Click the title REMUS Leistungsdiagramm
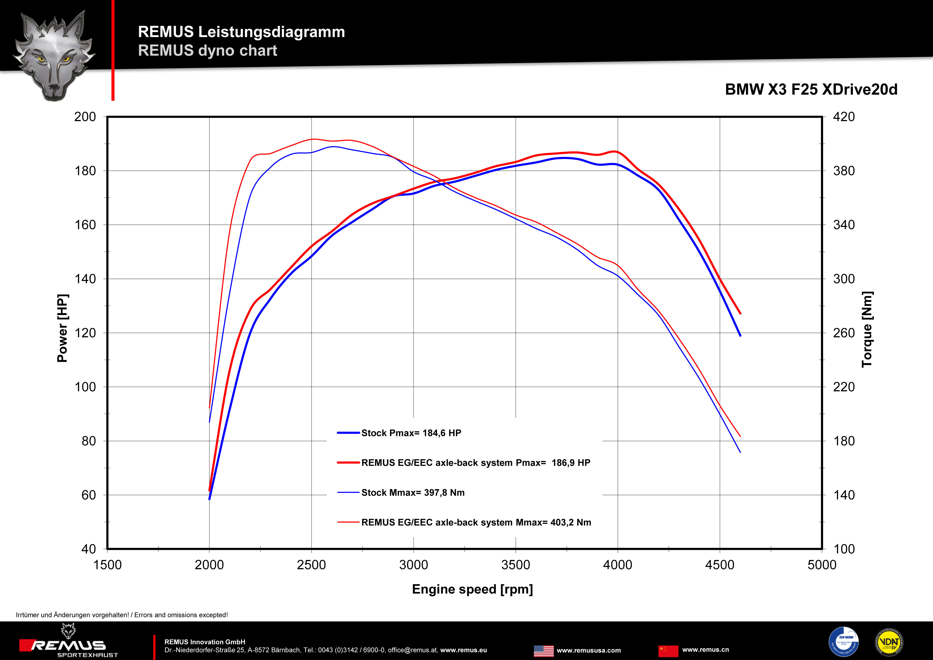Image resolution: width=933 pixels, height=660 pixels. (x=241, y=32)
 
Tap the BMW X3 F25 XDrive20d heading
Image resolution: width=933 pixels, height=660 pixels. (x=811, y=89)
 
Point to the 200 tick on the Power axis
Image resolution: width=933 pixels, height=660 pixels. (x=85, y=117)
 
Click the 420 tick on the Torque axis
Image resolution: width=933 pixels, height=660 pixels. (x=844, y=117)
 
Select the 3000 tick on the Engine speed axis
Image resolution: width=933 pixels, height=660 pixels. (x=414, y=565)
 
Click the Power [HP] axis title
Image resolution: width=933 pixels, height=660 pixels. (x=62, y=328)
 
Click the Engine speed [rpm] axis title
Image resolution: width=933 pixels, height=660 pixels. (x=472, y=589)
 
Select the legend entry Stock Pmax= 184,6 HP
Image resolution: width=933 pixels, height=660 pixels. (x=411, y=433)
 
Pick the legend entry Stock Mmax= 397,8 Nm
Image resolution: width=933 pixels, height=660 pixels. (x=413, y=493)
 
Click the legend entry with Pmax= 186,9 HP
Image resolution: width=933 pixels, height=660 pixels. (x=476, y=463)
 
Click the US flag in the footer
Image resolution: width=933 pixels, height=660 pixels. (x=543, y=651)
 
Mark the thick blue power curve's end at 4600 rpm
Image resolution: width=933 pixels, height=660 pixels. (x=740, y=335)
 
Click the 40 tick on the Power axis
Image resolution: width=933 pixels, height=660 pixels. (x=89, y=549)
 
